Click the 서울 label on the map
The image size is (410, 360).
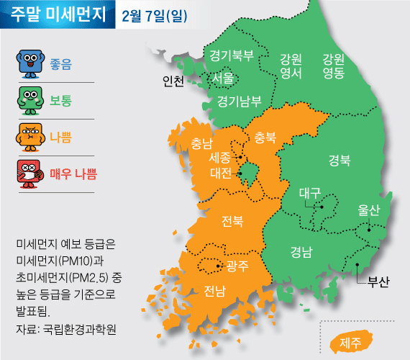click(x=223, y=77)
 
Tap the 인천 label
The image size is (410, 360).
click(x=174, y=81)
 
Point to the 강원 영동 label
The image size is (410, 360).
click(x=333, y=65)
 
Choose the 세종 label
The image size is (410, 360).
click(x=219, y=157)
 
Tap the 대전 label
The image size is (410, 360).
click(x=220, y=173)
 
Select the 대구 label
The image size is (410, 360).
click(x=310, y=193)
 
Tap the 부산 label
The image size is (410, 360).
click(x=378, y=282)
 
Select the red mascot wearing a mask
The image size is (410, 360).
click(x=29, y=174)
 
